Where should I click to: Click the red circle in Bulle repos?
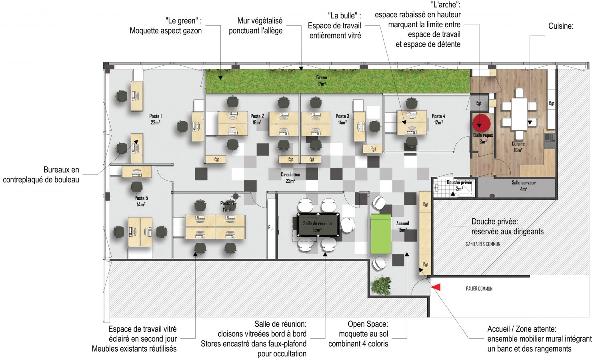click(x=481, y=124)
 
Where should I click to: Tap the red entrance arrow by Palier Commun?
click(x=436, y=287)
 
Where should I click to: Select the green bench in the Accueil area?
click(x=381, y=234)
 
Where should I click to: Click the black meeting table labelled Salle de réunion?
click(x=318, y=225)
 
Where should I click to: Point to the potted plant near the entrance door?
click(x=380, y=285)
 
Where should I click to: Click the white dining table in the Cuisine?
click(x=519, y=114)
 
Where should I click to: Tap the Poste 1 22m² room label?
click(x=155, y=119)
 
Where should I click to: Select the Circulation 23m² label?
click(x=290, y=178)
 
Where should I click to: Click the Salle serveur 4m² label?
click(x=523, y=186)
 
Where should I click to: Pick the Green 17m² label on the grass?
click(x=322, y=81)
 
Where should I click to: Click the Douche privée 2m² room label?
click(x=459, y=185)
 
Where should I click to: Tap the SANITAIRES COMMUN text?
click(x=483, y=244)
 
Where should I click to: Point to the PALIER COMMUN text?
click(x=479, y=289)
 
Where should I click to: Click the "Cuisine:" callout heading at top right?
click(x=561, y=26)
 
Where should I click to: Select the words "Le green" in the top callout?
click(x=182, y=21)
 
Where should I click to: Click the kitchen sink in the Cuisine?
click(x=549, y=141)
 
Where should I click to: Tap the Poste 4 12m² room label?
click(x=438, y=119)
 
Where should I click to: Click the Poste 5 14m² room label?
click(x=141, y=201)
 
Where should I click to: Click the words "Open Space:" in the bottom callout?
click(x=368, y=324)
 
